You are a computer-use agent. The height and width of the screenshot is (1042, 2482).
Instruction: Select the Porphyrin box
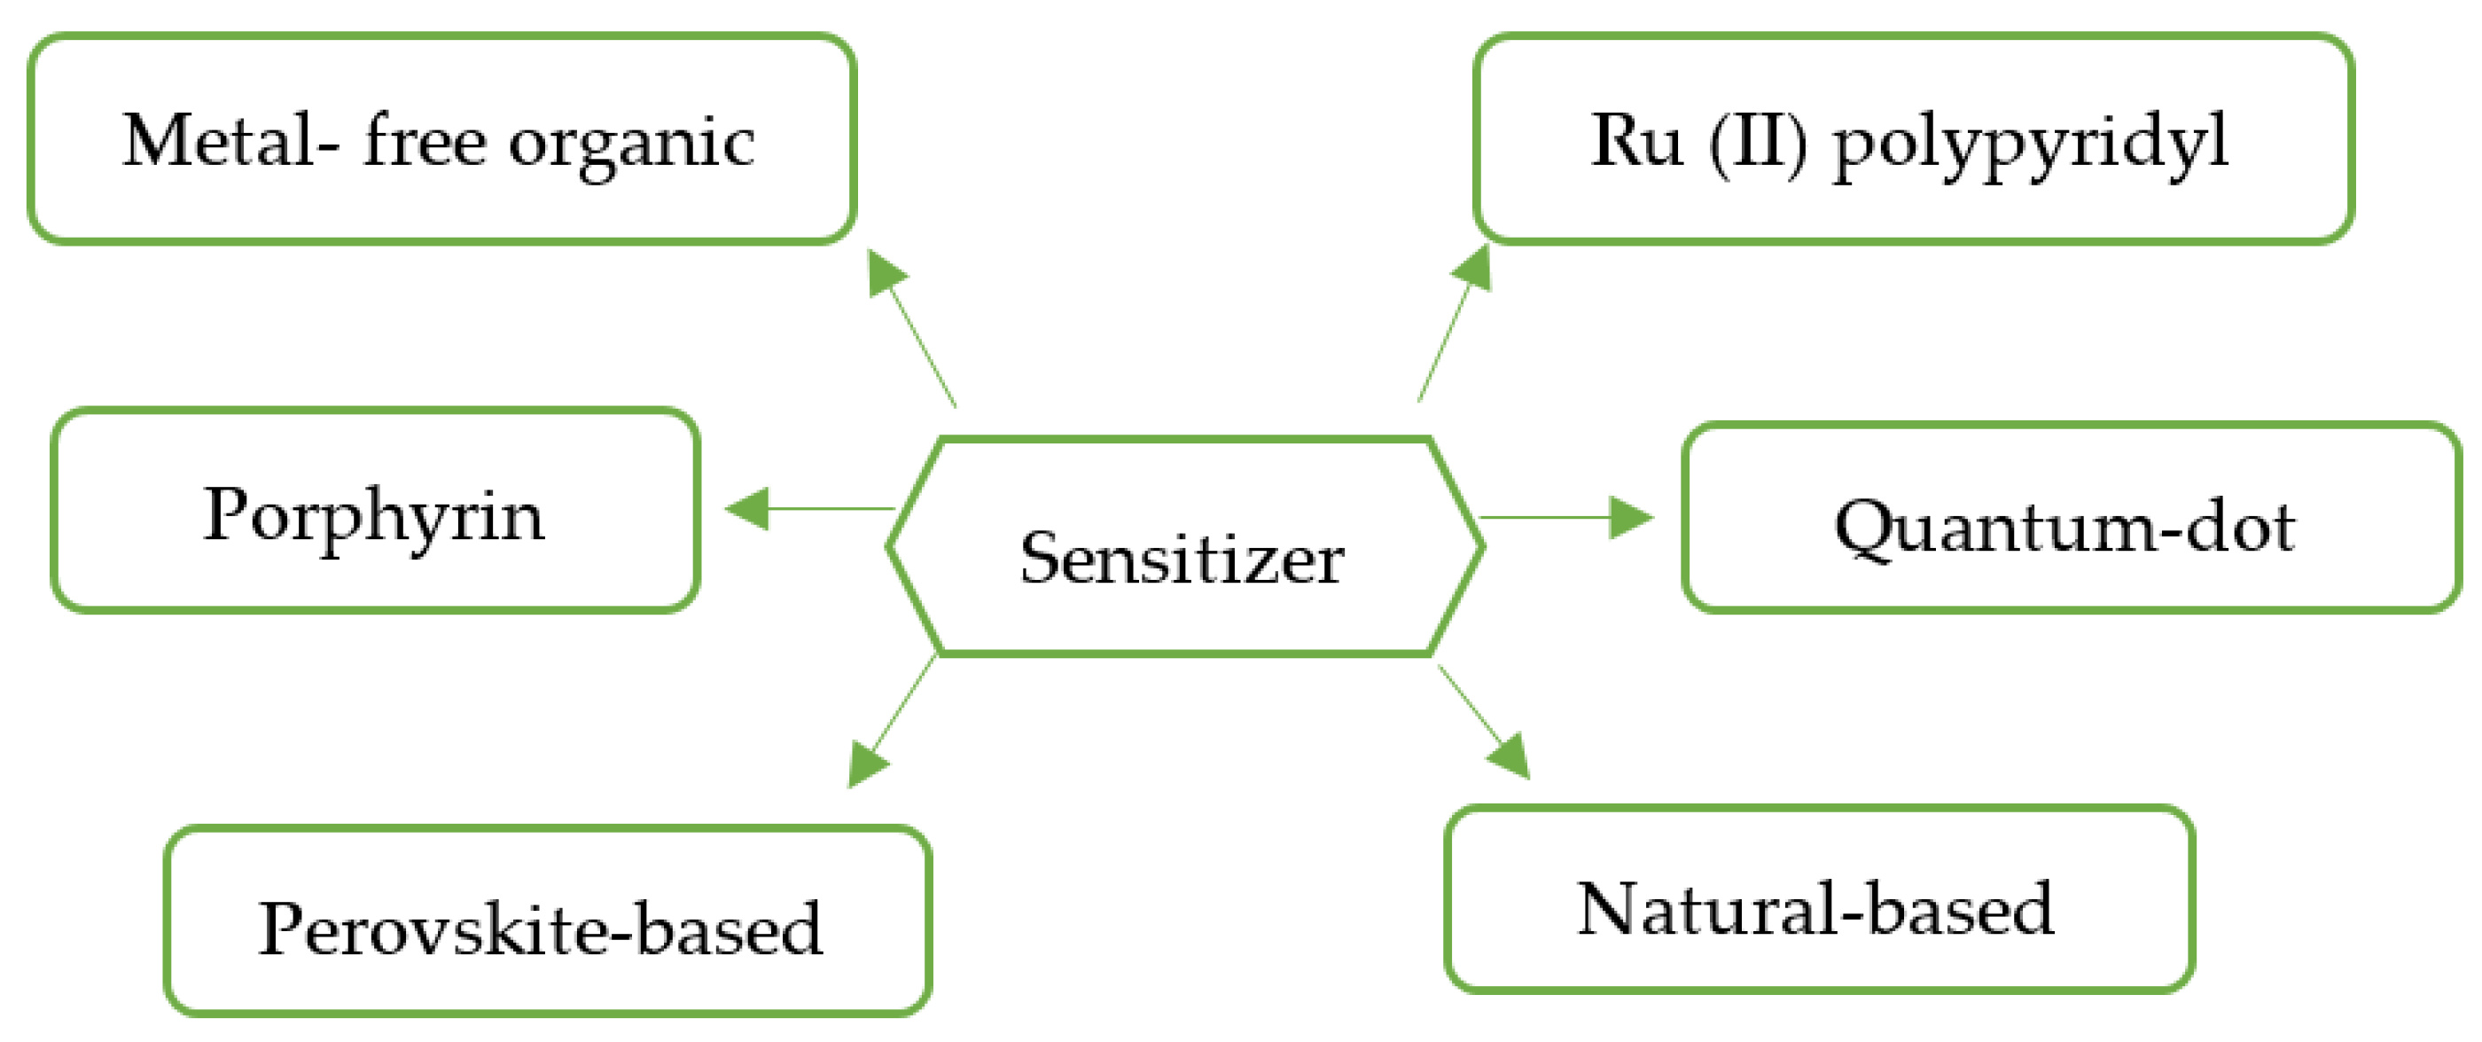tap(375, 511)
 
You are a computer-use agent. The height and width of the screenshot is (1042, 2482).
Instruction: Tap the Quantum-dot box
tap(2071, 518)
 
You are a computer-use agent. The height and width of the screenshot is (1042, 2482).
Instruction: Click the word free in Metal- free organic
tap(424, 141)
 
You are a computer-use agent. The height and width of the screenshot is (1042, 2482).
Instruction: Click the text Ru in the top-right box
tap(1635, 141)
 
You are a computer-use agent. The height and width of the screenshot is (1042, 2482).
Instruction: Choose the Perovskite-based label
tap(541, 928)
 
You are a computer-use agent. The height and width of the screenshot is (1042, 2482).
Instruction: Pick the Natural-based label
tap(1815, 908)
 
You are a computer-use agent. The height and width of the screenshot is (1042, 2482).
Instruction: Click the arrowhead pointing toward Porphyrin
tap(750, 508)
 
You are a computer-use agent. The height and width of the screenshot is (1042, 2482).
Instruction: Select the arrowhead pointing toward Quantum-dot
tap(1630, 518)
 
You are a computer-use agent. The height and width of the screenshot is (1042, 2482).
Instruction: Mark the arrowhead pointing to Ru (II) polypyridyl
tap(1474, 267)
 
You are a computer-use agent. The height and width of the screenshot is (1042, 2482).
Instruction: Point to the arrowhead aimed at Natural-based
tap(1510, 756)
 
